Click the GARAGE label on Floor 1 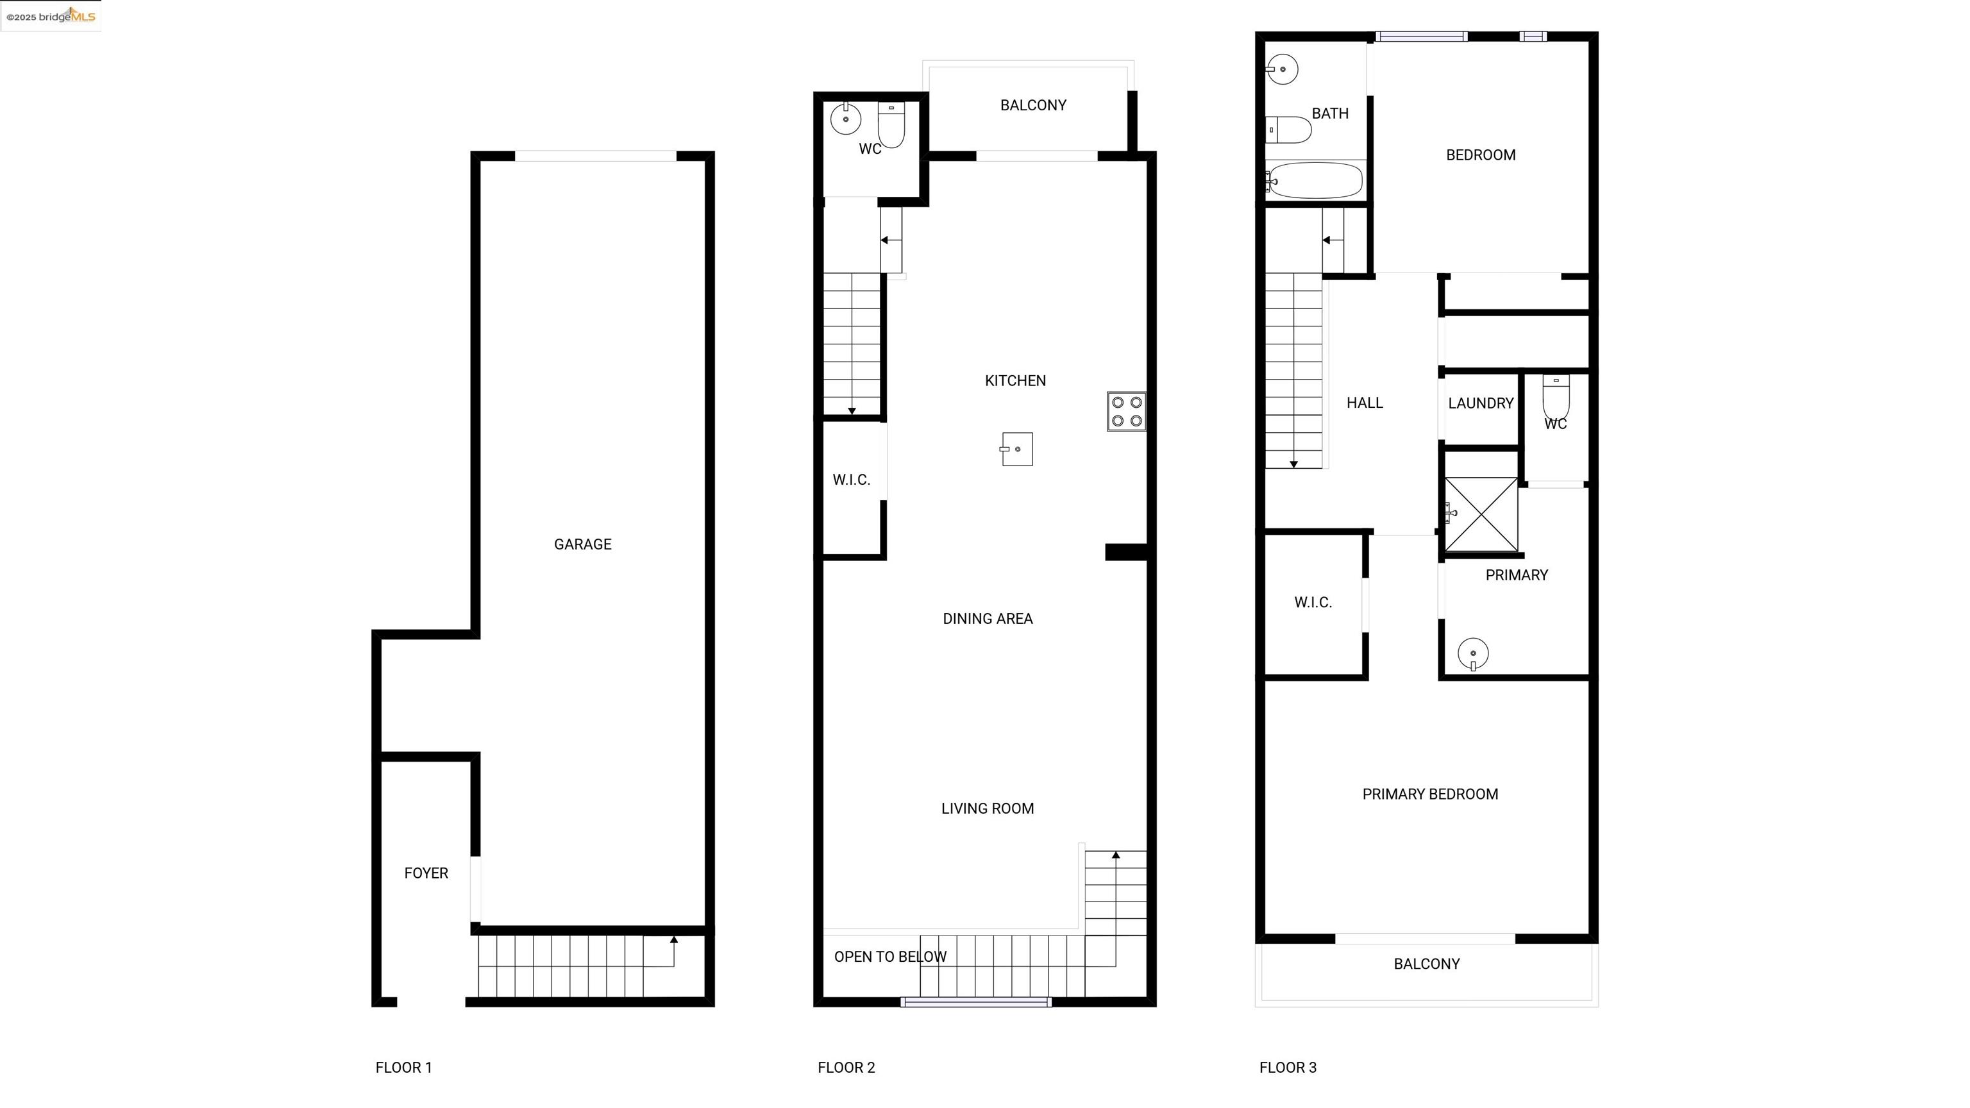tap(583, 544)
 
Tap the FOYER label tap(426, 873)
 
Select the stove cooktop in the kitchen tap(1127, 412)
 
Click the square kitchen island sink tap(1016, 449)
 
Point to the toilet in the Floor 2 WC tap(892, 124)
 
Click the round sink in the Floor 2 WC tap(846, 119)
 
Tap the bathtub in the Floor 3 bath tap(1315, 180)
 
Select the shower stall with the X tap(1481, 514)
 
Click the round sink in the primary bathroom tap(1473, 654)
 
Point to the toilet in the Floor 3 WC tap(1556, 396)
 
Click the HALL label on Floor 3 tap(1365, 403)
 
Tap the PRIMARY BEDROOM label tap(1430, 794)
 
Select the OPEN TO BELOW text tap(890, 957)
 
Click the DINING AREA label tap(988, 619)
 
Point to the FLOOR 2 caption tap(846, 1068)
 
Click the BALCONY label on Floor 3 tap(1426, 964)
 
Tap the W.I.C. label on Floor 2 tap(851, 480)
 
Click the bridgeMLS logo tap(51, 16)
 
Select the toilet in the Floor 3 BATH tap(1288, 130)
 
